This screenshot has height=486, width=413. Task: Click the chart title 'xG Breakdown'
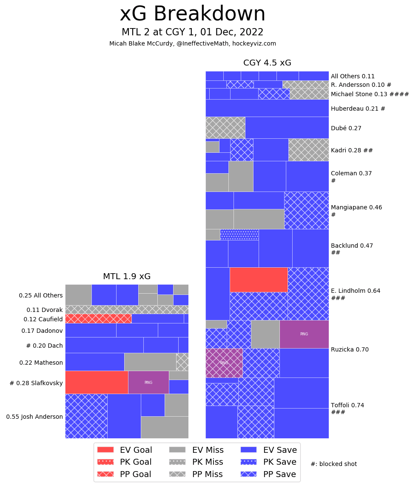(192, 14)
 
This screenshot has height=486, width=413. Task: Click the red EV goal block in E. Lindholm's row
(259, 280)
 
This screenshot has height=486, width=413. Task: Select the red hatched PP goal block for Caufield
(98, 318)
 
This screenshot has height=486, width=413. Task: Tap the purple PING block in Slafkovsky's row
(148, 382)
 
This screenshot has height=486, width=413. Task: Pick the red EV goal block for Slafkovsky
(97, 382)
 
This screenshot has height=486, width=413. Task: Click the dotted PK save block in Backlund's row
(239, 234)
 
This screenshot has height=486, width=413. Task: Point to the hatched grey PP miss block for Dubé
(225, 127)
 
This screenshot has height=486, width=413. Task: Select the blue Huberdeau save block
(267, 108)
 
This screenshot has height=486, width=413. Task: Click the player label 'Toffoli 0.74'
(347, 405)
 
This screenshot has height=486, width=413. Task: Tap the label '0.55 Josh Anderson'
(34, 417)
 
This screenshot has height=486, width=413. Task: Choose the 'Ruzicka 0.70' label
(350, 349)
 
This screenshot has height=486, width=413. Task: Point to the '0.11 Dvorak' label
(45, 310)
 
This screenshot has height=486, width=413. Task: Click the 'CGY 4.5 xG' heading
(267, 63)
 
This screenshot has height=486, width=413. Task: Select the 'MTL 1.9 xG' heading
(127, 277)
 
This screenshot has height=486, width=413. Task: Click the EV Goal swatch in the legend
(105, 449)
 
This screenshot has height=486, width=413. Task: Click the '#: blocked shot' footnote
(333, 464)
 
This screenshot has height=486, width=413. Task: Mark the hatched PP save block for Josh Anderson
(86, 416)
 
